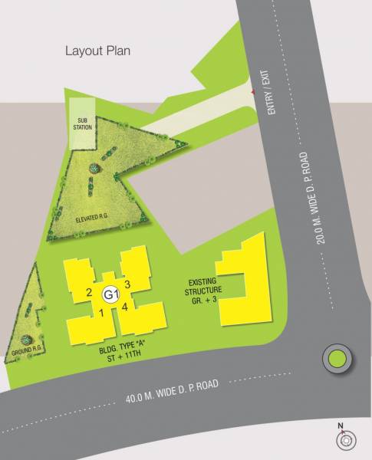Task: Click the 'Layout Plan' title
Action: coord(97,51)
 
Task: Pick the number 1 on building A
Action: coord(100,312)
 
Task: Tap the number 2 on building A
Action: coord(90,293)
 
